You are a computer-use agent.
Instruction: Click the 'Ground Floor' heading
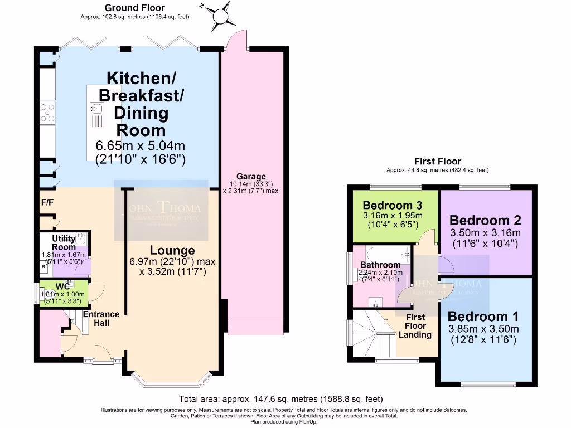click(134, 8)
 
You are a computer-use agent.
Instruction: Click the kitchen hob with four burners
click(47, 112)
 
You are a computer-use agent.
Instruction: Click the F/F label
click(47, 202)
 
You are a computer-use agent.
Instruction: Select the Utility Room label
click(64, 243)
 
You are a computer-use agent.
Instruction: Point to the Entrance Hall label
click(101, 318)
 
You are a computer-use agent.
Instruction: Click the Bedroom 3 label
click(392, 205)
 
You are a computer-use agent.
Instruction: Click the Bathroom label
click(380, 265)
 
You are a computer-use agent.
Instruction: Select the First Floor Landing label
click(415, 325)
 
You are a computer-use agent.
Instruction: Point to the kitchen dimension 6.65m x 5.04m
click(140, 146)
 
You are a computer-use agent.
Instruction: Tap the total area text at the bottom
click(280, 399)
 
